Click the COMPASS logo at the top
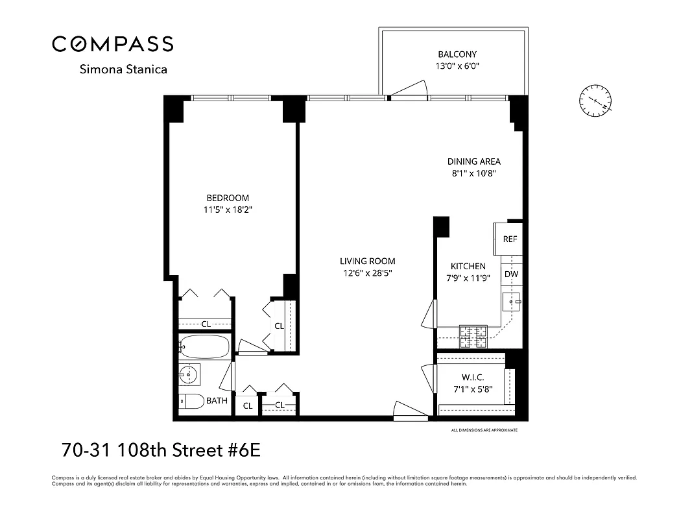(x=113, y=43)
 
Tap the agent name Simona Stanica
(x=123, y=69)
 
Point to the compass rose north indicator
(x=595, y=101)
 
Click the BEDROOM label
(x=228, y=198)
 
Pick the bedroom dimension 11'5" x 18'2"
(x=228, y=210)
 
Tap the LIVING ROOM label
(x=367, y=261)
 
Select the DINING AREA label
(x=473, y=162)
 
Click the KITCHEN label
(x=468, y=266)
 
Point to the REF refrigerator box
(x=510, y=239)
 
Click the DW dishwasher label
(x=511, y=274)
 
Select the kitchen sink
(x=512, y=302)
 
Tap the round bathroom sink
(x=189, y=375)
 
